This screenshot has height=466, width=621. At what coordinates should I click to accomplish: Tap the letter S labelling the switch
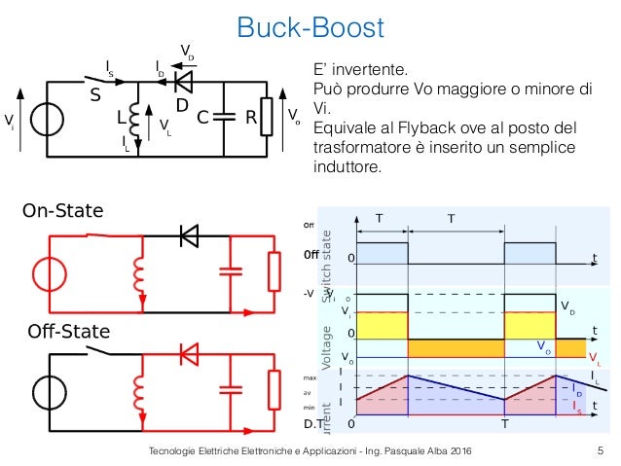[95, 97]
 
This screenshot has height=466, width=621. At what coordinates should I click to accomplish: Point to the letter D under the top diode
[181, 104]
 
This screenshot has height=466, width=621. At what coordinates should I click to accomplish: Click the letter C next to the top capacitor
[203, 119]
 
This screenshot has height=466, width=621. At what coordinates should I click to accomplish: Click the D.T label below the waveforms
[311, 425]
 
